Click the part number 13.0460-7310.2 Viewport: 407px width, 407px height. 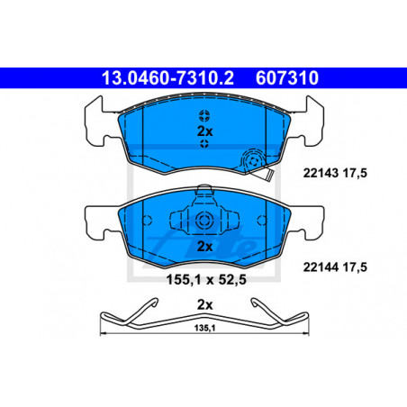point(167,78)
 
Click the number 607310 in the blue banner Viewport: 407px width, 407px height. point(287,78)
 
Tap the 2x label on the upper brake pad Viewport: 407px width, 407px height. point(204,131)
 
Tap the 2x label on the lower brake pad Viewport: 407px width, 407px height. point(204,247)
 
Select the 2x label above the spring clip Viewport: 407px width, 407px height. point(204,305)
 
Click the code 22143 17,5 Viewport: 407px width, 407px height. point(335,173)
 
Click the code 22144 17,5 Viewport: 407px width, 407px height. point(335,267)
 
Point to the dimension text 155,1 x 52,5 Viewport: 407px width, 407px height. point(206,280)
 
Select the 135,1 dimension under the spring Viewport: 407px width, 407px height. point(204,328)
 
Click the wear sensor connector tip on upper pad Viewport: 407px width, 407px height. point(270,176)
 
